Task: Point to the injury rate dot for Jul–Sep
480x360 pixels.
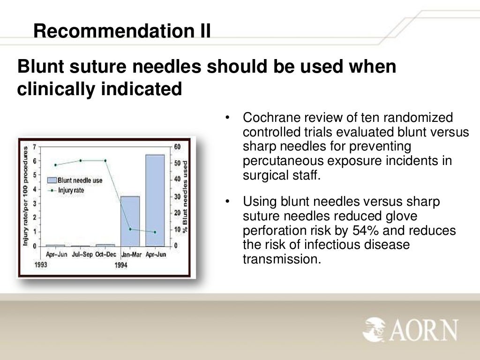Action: pyautogui.click(x=80, y=161)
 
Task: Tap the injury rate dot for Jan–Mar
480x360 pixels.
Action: pyautogui.click(x=130, y=229)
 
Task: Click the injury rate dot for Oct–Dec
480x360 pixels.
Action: pyautogui.click(x=105, y=161)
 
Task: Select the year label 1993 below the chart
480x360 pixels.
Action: pyautogui.click(x=39, y=265)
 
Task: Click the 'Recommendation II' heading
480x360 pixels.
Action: pyautogui.click(x=122, y=31)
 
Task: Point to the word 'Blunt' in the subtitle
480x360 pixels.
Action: pyautogui.click(x=45, y=67)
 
